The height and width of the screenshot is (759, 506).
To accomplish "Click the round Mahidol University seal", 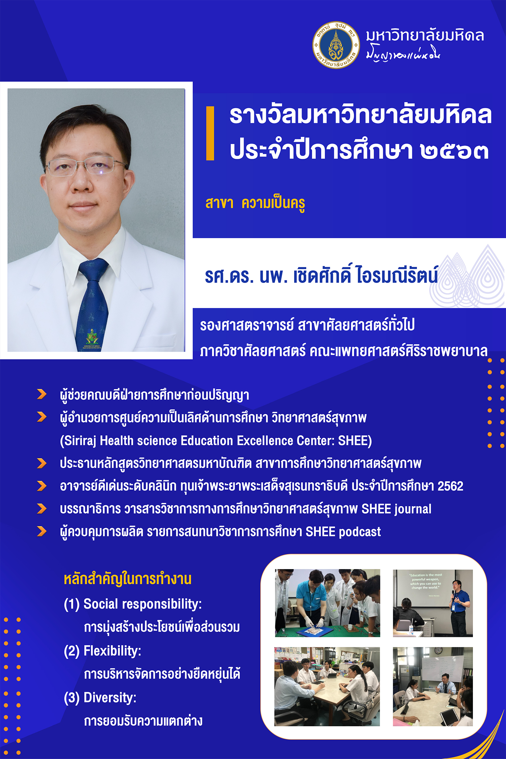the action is (336, 45).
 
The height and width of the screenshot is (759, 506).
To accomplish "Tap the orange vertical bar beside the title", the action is (210, 133).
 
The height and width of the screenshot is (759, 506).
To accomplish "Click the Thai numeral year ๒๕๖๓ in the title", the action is (454, 150).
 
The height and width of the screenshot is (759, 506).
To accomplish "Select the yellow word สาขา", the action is (219, 203).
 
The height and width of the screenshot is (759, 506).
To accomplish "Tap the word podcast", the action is (360, 532).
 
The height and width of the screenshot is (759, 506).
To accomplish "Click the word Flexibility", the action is (112, 651).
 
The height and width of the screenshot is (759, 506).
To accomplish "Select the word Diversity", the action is (110, 697).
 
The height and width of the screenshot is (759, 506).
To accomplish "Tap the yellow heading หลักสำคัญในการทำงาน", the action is (128, 579).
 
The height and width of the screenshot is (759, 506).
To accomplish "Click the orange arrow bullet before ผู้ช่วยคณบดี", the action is (42, 394).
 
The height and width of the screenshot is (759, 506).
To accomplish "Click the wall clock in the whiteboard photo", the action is (438, 651).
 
